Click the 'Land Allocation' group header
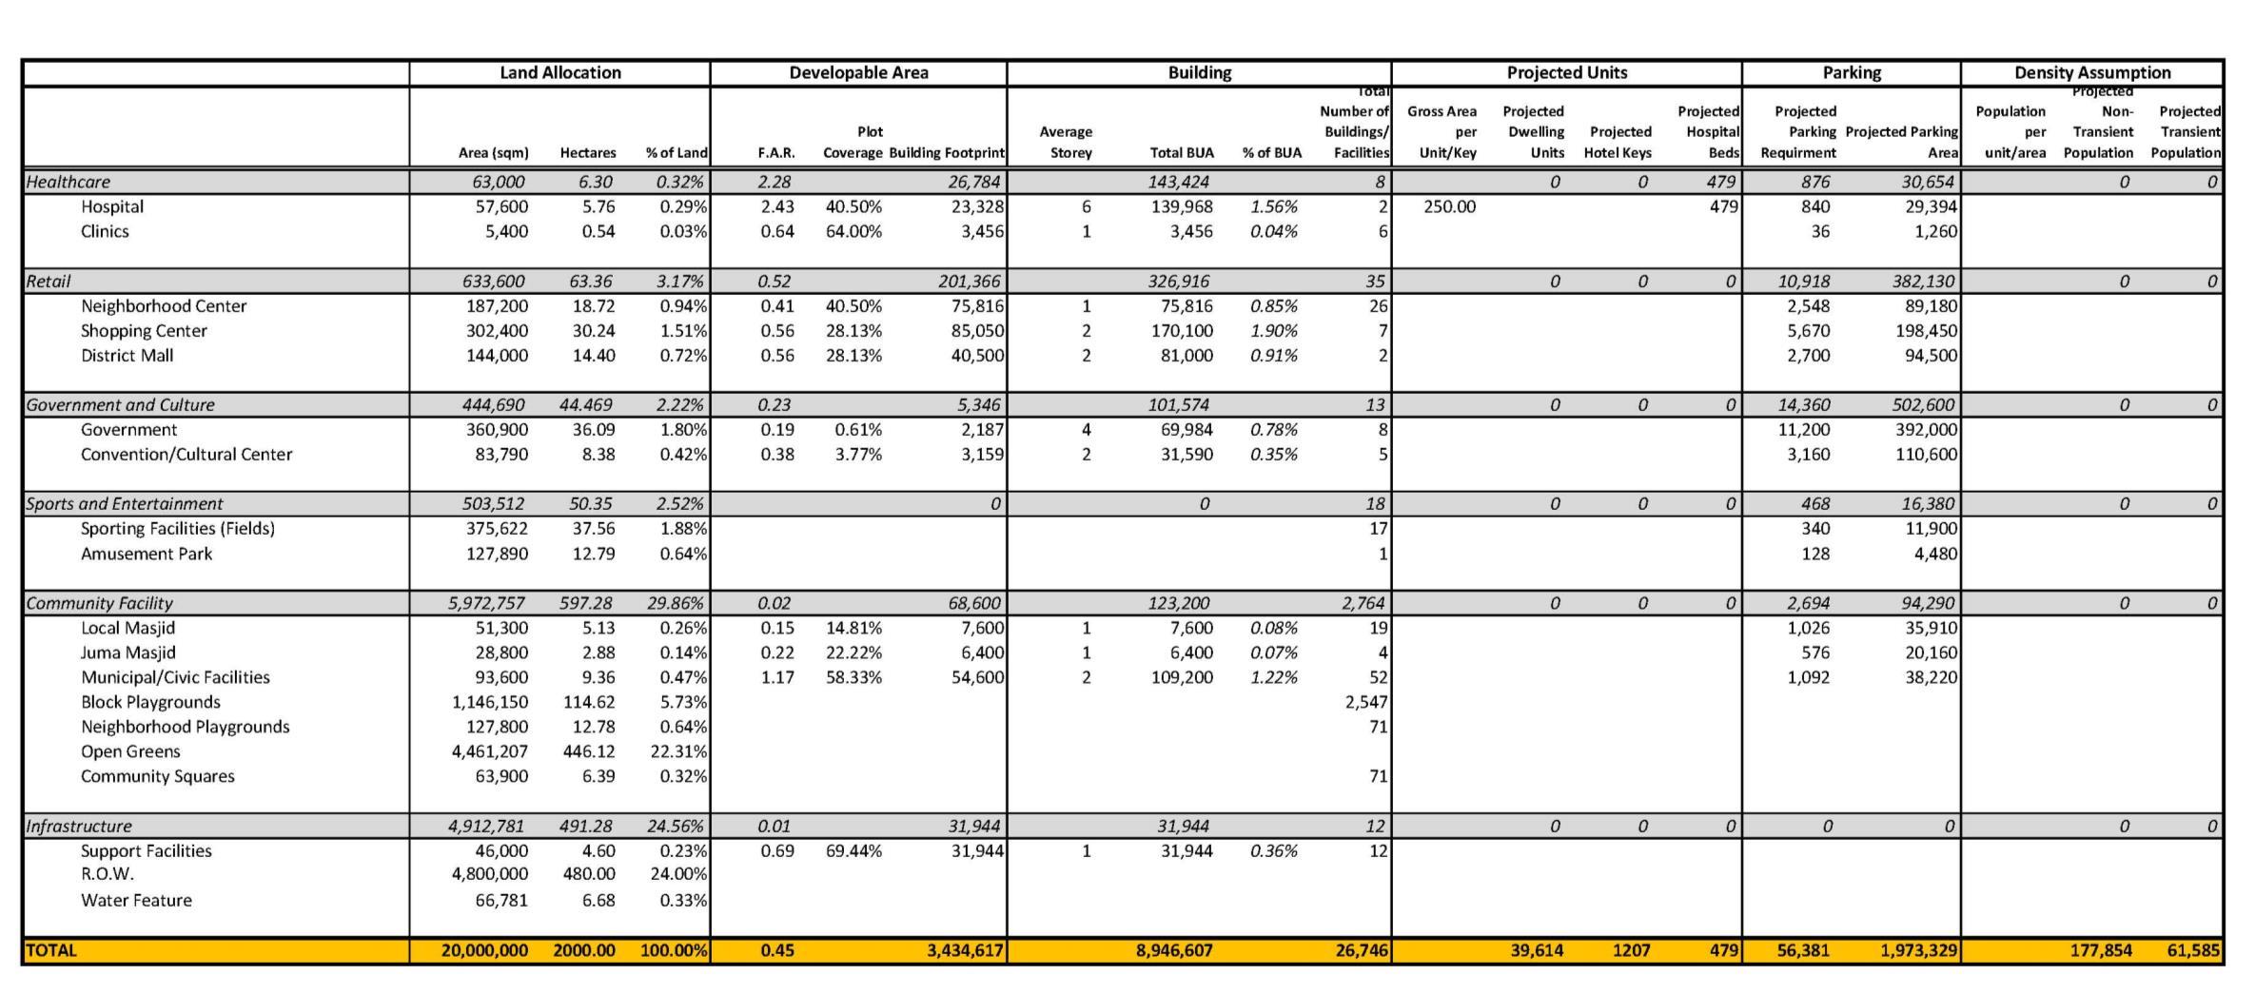click(x=559, y=72)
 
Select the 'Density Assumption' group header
click(x=2091, y=72)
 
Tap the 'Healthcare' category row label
click(x=69, y=182)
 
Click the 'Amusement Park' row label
click(x=147, y=554)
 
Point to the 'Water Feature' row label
click(x=136, y=900)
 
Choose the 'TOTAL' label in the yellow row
click(x=51, y=950)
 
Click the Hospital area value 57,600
click(x=501, y=206)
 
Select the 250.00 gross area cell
click(x=1449, y=206)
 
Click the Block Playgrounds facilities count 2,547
click(x=1365, y=702)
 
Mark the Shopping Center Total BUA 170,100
click(x=1182, y=331)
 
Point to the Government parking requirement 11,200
click(x=1803, y=430)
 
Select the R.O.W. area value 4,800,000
click(x=489, y=874)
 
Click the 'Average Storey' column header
click(x=1066, y=142)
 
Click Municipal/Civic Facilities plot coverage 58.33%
click(x=853, y=677)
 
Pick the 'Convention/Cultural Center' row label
click(x=186, y=455)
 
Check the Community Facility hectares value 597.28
click(x=585, y=603)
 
